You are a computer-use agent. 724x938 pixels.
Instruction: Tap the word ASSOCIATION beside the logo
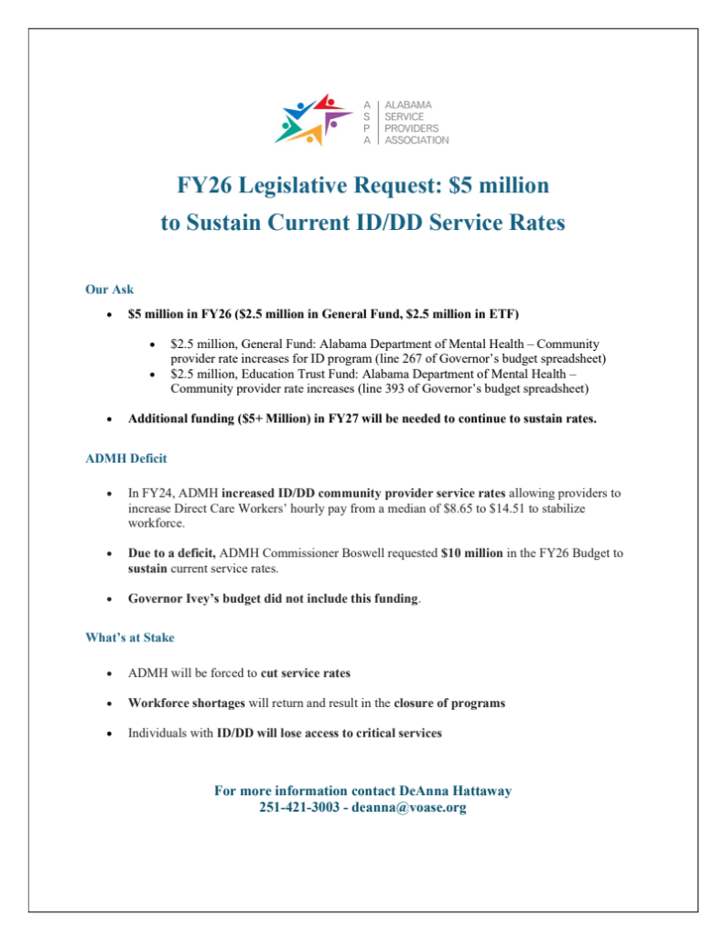(x=416, y=140)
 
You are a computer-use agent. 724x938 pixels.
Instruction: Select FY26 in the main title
(x=207, y=186)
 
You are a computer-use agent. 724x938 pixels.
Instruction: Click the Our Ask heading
(x=109, y=289)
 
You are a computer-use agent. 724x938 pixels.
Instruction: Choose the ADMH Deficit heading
(x=126, y=458)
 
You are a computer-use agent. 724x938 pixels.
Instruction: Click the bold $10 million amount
(x=471, y=553)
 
